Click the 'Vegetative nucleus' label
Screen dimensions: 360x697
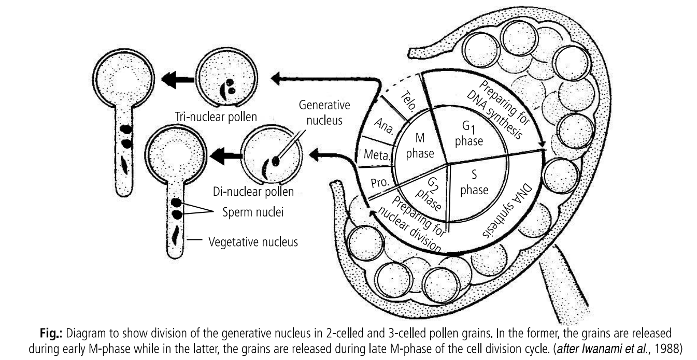pyautogui.click(x=253, y=241)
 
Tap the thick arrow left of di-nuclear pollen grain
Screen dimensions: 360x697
pyautogui.click(x=222, y=154)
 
